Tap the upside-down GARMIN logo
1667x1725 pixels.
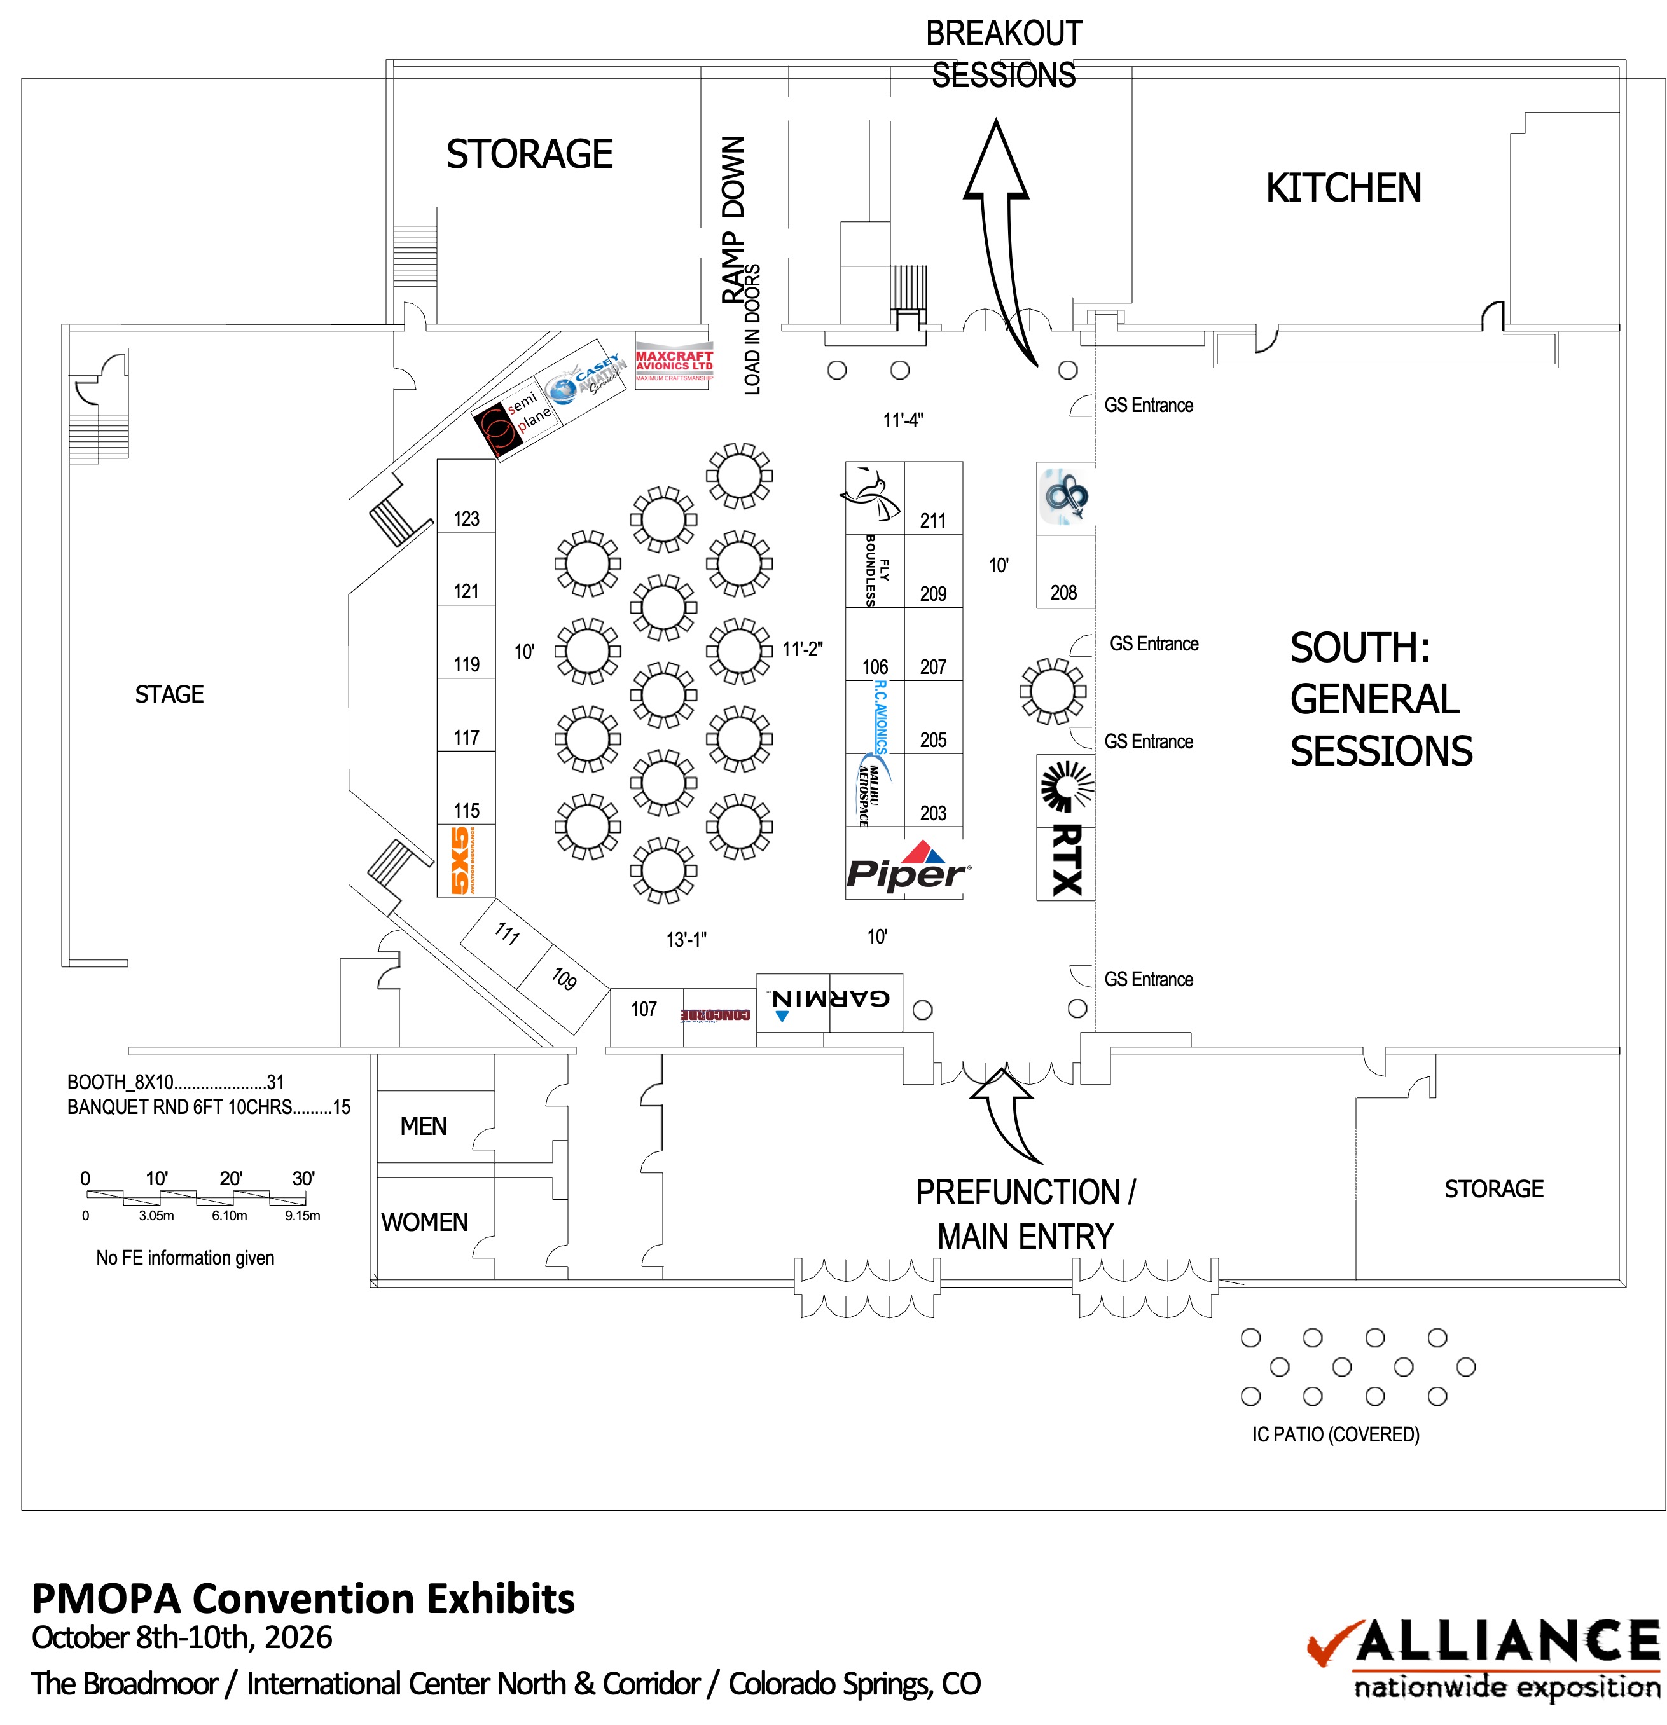point(830,1000)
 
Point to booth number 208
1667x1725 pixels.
point(1063,593)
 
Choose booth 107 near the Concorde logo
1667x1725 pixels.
point(644,1010)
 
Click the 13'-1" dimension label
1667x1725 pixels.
point(686,939)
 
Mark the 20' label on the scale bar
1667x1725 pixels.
point(231,1178)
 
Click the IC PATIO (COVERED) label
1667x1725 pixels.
point(1335,1434)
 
